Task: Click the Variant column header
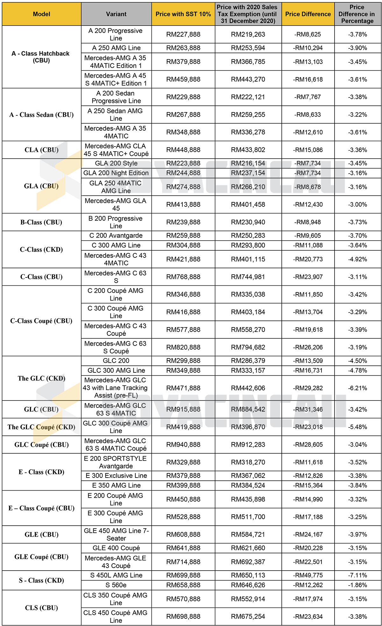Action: point(116,14)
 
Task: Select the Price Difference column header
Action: point(308,14)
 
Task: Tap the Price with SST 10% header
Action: point(183,14)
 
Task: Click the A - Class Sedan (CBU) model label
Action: point(41,115)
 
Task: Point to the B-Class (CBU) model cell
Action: point(41,222)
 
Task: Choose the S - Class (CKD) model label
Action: point(41,580)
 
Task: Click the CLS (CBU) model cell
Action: point(41,608)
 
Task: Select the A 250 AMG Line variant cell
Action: point(116,48)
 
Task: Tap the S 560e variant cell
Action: point(116,585)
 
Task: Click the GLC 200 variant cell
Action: point(116,361)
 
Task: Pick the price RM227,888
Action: point(183,34)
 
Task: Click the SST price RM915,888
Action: point(183,409)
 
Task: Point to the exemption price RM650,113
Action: point(248,575)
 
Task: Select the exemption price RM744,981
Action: point(248,277)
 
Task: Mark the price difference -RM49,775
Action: point(308,575)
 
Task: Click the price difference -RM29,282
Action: point(308,388)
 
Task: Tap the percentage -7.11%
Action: point(357,575)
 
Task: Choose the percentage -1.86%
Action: point(357,585)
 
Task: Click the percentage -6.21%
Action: point(357,388)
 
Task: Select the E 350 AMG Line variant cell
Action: point(116,485)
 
